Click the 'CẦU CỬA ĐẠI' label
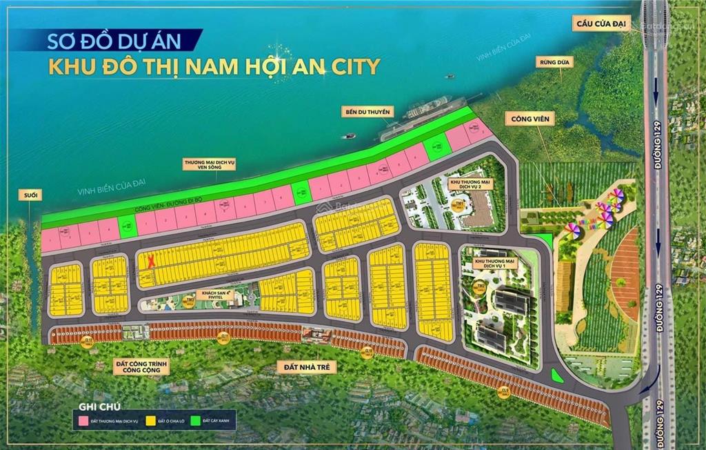[600, 24]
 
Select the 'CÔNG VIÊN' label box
[529, 119]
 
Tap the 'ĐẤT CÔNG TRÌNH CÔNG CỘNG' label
[141, 366]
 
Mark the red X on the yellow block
[151, 261]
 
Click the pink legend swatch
[82, 419]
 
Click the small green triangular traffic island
[557, 376]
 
